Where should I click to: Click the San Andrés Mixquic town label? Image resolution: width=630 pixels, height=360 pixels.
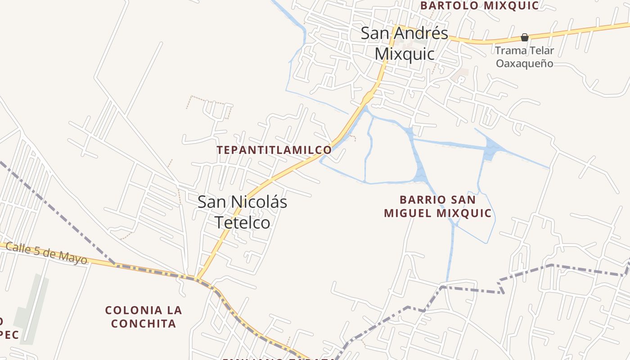[405, 43]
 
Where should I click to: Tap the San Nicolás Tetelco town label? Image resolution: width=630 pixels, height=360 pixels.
[242, 212]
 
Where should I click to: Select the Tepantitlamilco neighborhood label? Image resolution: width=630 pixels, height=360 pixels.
[274, 150]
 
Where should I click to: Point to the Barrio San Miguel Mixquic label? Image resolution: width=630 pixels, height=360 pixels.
[438, 206]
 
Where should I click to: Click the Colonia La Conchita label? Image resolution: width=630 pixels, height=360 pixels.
[144, 316]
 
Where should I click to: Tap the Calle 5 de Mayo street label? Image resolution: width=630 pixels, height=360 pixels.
[46, 253]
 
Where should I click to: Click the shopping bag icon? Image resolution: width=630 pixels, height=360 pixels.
[525, 37]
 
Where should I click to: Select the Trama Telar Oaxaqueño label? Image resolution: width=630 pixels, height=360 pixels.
[525, 57]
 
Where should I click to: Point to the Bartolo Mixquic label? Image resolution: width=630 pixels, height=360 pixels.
[479, 5]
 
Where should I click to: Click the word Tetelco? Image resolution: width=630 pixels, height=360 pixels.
[242, 222]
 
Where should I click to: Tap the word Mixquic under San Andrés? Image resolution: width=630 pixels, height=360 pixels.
[405, 54]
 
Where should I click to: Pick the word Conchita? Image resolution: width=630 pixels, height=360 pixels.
[144, 323]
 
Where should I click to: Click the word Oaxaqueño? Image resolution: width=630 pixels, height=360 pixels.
[525, 63]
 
